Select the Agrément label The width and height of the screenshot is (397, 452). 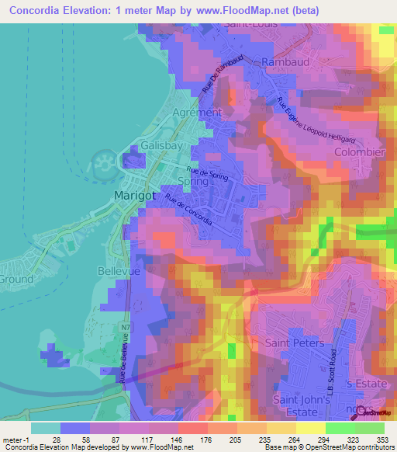click(x=197, y=112)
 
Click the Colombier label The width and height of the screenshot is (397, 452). click(x=359, y=153)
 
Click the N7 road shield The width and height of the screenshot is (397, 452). click(x=126, y=329)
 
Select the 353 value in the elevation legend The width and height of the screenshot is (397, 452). click(x=381, y=440)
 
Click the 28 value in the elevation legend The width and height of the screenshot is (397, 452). click(x=57, y=440)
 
